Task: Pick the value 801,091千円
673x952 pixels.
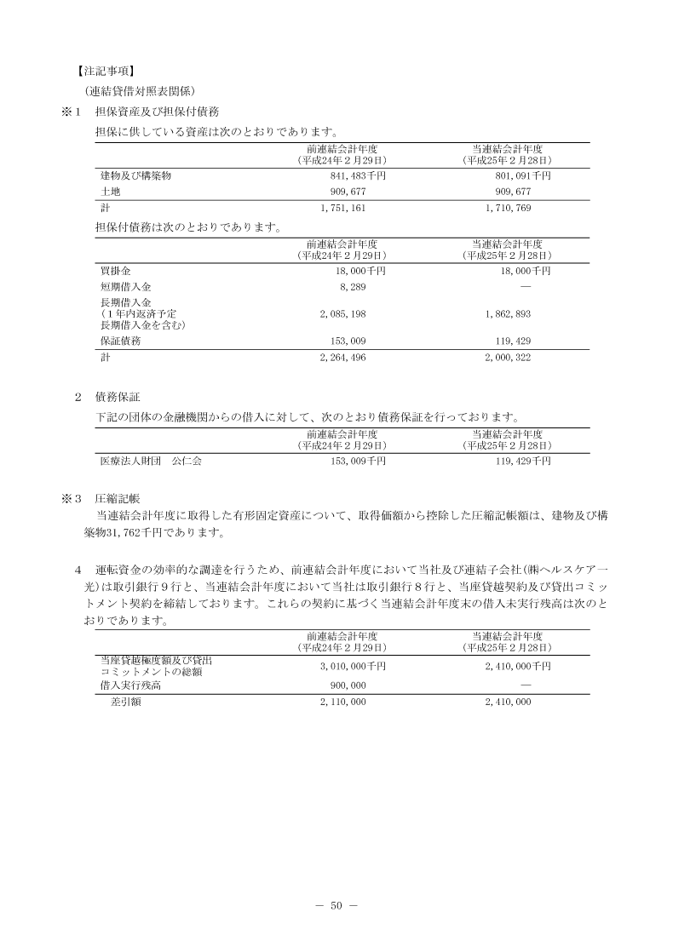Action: [x=517, y=175]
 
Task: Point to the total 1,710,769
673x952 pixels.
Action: [x=508, y=208]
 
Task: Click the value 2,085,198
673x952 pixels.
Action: [x=342, y=314]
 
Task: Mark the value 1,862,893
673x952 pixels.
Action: [x=508, y=314]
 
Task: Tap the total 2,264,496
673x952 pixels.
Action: [x=342, y=358]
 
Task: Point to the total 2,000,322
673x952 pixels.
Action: [x=508, y=358]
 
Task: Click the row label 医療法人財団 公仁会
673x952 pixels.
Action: [x=150, y=462]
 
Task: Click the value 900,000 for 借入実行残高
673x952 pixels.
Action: [x=347, y=685]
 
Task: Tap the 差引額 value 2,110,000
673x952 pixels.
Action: [x=342, y=702]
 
